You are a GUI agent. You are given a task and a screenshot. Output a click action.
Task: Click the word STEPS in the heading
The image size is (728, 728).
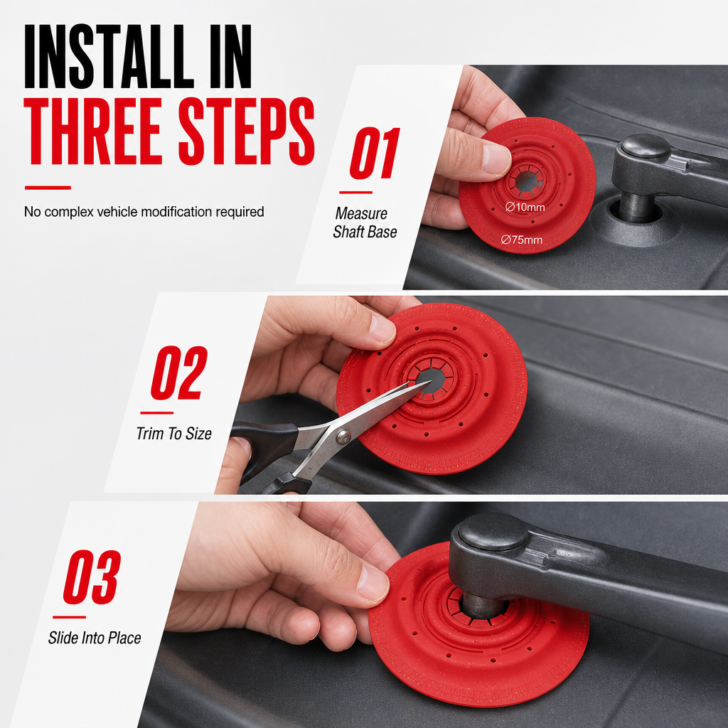(247, 132)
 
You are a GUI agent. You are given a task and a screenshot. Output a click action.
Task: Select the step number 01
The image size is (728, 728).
(374, 153)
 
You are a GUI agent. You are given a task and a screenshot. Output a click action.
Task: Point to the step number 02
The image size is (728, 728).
(178, 373)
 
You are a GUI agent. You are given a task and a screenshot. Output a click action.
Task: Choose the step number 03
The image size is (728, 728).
(92, 577)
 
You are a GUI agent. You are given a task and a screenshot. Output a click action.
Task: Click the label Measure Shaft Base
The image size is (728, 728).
(365, 223)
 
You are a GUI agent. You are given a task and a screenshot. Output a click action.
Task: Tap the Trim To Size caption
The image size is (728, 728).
(174, 434)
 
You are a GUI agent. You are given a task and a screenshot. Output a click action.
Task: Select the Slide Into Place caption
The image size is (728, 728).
(95, 638)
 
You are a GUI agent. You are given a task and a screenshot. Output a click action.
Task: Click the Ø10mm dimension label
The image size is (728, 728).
(525, 207)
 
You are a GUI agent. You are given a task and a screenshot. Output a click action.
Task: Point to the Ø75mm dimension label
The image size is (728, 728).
(522, 240)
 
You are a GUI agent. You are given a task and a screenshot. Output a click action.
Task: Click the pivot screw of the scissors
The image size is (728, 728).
(343, 437)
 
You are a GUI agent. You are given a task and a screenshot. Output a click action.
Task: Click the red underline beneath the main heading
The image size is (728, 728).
(48, 188)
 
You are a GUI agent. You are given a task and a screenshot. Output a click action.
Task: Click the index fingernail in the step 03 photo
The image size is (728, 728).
(373, 583)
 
